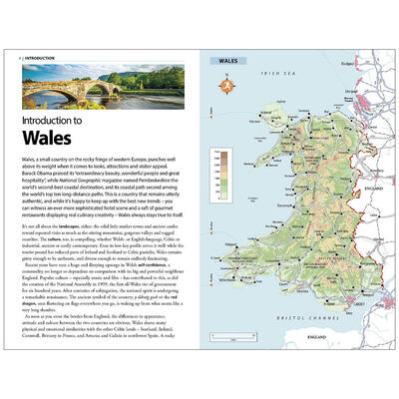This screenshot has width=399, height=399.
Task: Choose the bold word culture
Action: (52, 237)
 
